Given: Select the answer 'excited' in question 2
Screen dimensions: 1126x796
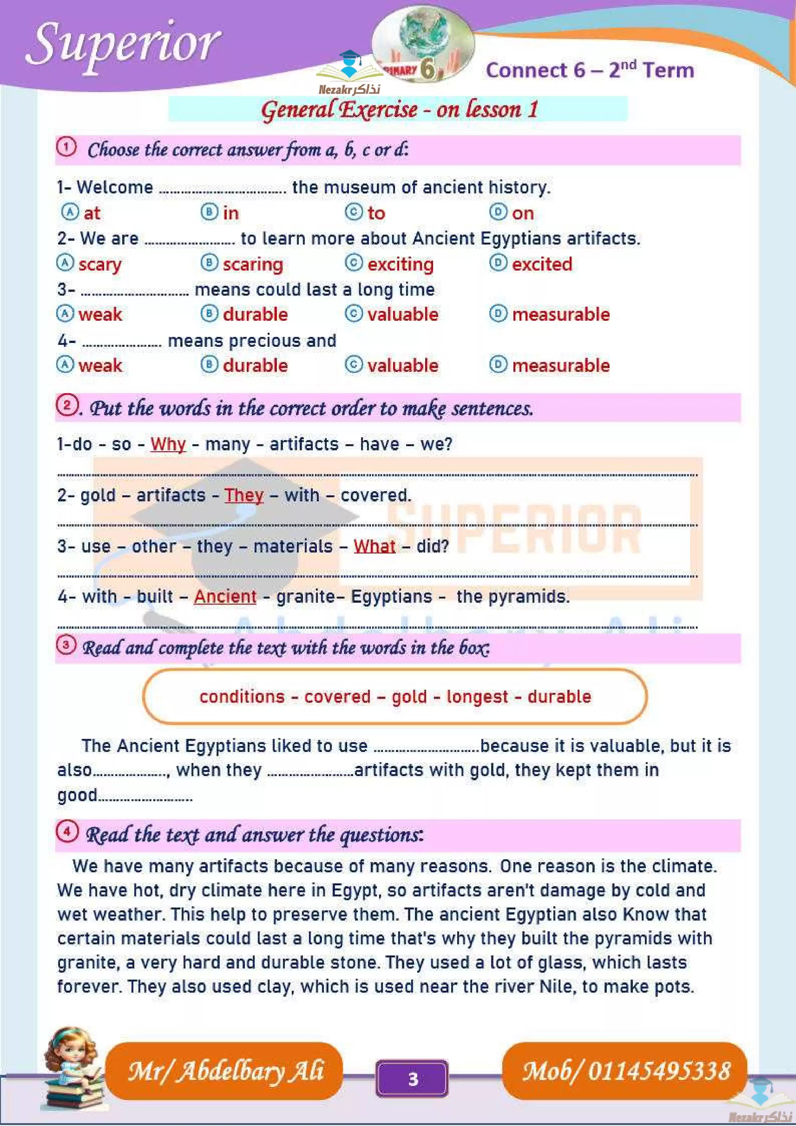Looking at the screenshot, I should (541, 264).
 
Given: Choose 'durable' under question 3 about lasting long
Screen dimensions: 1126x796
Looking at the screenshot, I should (255, 314).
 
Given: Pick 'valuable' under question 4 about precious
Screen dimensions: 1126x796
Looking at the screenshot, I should (403, 365).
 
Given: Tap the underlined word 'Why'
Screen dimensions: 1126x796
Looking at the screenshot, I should (168, 444).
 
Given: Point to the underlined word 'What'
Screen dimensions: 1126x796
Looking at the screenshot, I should (374, 546).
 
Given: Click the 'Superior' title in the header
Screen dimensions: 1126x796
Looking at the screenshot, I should (123, 44).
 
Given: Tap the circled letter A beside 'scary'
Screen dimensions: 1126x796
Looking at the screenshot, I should (65, 263).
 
